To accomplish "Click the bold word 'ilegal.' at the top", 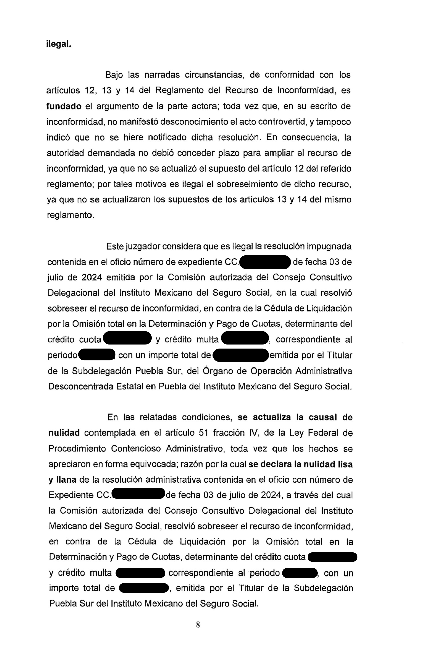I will (x=59, y=44).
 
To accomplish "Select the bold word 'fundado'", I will (x=64, y=106).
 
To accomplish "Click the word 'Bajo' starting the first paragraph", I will (x=114, y=75).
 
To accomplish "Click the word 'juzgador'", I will (x=142, y=247).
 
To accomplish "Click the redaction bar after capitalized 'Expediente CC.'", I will (x=138, y=495).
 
